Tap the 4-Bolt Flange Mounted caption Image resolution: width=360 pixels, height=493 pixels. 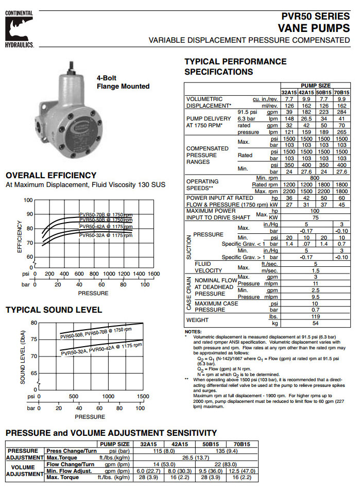point(123,82)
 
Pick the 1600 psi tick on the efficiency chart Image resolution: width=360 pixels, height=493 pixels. point(153,274)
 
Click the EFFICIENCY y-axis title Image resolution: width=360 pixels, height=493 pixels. point(20,236)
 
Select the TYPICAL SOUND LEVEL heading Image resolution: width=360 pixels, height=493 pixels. point(54,310)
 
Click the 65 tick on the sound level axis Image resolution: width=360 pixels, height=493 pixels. point(34,372)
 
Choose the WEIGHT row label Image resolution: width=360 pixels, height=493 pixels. point(198,320)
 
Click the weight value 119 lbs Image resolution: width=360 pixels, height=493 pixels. point(316,317)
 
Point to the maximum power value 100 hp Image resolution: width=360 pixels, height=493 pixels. point(316,211)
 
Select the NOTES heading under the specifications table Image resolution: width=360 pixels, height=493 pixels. point(193,332)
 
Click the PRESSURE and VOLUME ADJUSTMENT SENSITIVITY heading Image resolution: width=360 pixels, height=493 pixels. point(111,433)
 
